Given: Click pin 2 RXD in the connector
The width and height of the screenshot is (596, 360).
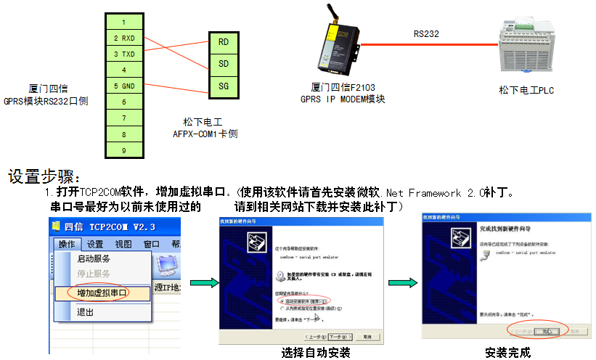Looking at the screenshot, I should click(x=124, y=38).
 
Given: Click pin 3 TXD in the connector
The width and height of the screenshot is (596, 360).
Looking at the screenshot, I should click(x=124, y=54).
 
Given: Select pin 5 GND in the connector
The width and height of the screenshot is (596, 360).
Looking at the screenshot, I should click(x=124, y=86).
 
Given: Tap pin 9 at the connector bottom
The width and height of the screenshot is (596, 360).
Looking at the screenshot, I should click(x=124, y=150).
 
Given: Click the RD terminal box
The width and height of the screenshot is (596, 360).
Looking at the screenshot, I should click(x=223, y=41).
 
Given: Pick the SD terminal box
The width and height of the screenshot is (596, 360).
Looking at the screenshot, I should click(x=223, y=65).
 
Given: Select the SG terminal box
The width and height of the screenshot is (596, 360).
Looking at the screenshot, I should click(x=223, y=87).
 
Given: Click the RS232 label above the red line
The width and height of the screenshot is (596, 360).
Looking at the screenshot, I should click(x=426, y=33).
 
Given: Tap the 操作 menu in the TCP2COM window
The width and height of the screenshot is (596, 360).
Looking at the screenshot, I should click(x=67, y=245).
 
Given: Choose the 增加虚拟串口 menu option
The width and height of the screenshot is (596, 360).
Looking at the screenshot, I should click(x=102, y=293).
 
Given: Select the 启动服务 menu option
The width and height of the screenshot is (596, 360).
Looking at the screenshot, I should click(x=94, y=258).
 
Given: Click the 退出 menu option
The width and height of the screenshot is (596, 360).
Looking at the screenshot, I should click(x=86, y=312).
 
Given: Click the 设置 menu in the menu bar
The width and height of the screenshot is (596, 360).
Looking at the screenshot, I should click(x=95, y=245).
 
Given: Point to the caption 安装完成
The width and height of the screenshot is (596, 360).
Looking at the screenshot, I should click(x=508, y=353).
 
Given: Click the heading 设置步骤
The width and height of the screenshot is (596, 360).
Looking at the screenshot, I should click(x=45, y=177).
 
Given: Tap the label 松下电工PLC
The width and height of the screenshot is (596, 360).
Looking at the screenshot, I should click(x=526, y=89).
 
